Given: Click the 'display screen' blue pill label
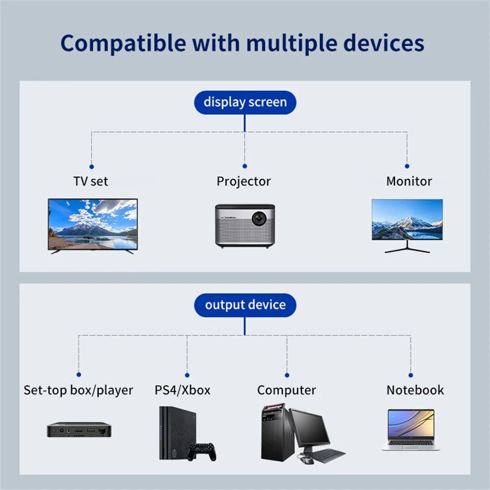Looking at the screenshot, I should [245, 102].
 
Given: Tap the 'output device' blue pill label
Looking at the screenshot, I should [245, 305].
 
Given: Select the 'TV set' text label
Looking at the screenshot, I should [91, 181].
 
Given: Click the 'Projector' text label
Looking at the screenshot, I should [244, 181].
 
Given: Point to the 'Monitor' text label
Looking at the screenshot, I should [409, 181].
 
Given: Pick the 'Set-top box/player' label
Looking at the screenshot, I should [78, 390].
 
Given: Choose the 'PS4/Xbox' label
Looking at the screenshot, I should [182, 390].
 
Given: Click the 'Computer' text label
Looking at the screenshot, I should [287, 390].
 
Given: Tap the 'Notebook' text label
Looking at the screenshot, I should [415, 390].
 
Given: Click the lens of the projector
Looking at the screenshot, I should [259, 218].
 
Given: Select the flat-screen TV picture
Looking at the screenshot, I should [93, 224].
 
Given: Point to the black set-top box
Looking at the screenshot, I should [79, 430].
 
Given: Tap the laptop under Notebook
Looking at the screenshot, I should [411, 429].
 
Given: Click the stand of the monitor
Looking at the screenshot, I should [407, 247].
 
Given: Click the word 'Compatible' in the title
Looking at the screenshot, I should [122, 43].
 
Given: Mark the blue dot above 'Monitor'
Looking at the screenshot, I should [407, 166].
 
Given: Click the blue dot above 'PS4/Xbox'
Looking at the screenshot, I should [187, 375].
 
